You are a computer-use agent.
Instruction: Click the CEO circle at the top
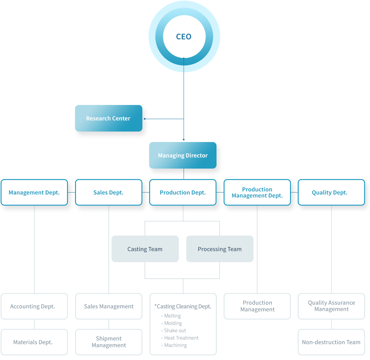pyautogui.click(x=184, y=36)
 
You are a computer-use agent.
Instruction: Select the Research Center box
pyautogui.click(x=108, y=118)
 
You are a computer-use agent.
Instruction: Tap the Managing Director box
pyautogui.click(x=183, y=155)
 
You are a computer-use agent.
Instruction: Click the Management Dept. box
pyautogui.click(x=34, y=192)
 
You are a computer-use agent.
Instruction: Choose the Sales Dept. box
pyautogui.click(x=108, y=192)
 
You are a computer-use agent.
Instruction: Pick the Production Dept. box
pyautogui.click(x=183, y=192)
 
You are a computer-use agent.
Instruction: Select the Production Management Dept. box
pyautogui.click(x=257, y=192)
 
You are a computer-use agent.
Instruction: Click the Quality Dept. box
pyautogui.click(x=331, y=192)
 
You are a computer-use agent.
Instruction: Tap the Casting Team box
pyautogui.click(x=145, y=249)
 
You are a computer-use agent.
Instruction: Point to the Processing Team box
pyautogui.click(x=220, y=249)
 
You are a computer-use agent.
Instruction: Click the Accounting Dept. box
pyautogui.click(x=34, y=306)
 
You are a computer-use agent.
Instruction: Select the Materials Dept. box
pyautogui.click(x=34, y=342)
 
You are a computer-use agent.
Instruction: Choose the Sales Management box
pyautogui.click(x=108, y=306)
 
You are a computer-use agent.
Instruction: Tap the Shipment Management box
pyautogui.click(x=108, y=342)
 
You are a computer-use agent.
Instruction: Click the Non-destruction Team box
pyautogui.click(x=331, y=342)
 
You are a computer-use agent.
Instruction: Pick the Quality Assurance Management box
pyautogui.click(x=331, y=306)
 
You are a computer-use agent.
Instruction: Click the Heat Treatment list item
pyautogui.click(x=180, y=338)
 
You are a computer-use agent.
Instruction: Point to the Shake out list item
pyautogui.click(x=174, y=330)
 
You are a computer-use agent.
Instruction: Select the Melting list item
pyautogui.click(x=171, y=316)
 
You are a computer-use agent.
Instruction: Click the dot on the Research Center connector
pyautogui.click(x=145, y=119)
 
